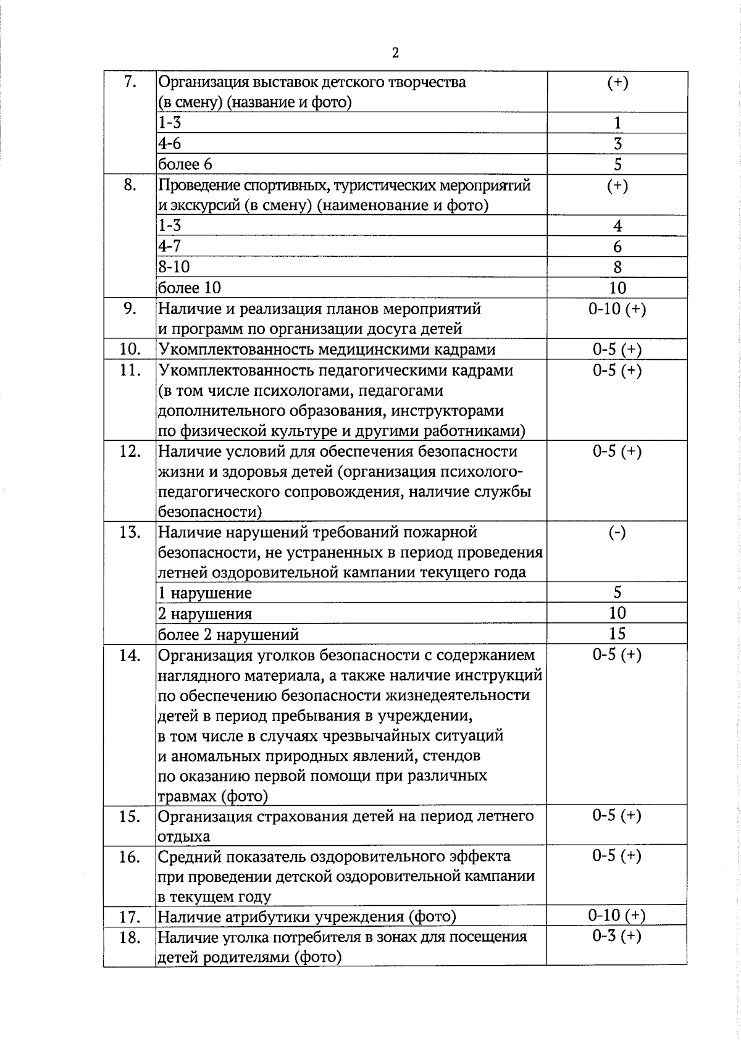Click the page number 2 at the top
point(395,52)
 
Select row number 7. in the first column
point(129,82)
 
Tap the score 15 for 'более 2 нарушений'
point(617,633)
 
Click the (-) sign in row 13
point(617,532)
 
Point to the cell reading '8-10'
point(174,267)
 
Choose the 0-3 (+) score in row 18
point(617,936)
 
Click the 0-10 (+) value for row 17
point(617,916)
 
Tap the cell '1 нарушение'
point(205,593)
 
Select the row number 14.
point(129,655)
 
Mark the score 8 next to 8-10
point(617,267)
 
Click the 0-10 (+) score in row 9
point(617,309)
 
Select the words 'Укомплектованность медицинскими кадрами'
point(327,350)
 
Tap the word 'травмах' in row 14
point(183,796)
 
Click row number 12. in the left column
point(129,452)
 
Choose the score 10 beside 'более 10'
point(617,288)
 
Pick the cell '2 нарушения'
point(205,614)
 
